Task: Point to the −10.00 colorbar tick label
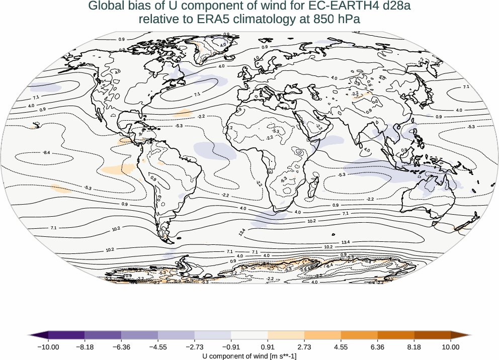(x=48, y=346)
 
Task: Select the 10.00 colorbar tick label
(x=451, y=346)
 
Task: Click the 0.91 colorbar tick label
(x=268, y=346)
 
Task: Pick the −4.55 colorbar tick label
(x=158, y=346)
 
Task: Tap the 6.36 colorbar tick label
(x=378, y=346)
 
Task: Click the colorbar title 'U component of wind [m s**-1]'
(x=249, y=356)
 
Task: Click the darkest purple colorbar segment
(x=66, y=335)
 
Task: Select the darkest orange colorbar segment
(x=433, y=335)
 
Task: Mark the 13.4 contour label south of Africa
(x=242, y=233)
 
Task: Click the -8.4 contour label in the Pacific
(x=46, y=152)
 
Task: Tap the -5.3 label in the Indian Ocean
(x=342, y=174)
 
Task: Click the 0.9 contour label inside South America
(x=153, y=178)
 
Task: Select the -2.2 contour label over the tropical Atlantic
(x=202, y=116)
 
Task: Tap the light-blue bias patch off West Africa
(x=211, y=149)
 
